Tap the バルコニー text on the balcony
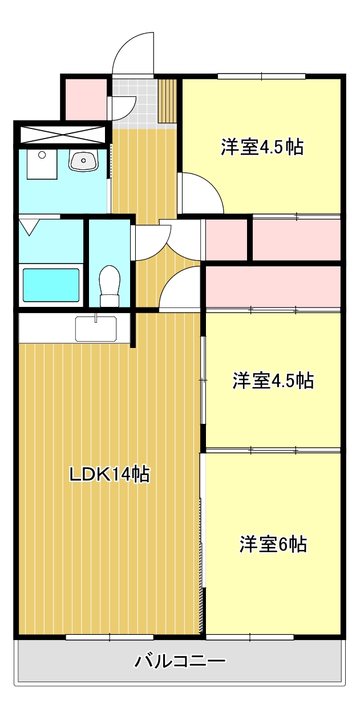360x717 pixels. click(180, 662)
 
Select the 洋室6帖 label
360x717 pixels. click(273, 544)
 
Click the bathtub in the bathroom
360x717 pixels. click(50, 284)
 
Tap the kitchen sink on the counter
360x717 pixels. click(95, 329)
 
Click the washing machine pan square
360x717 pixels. click(41, 164)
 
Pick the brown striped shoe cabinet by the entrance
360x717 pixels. click(168, 101)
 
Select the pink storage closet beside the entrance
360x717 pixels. click(84, 99)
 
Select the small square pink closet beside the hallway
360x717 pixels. click(225, 239)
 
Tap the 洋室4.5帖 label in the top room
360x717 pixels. click(262, 147)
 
